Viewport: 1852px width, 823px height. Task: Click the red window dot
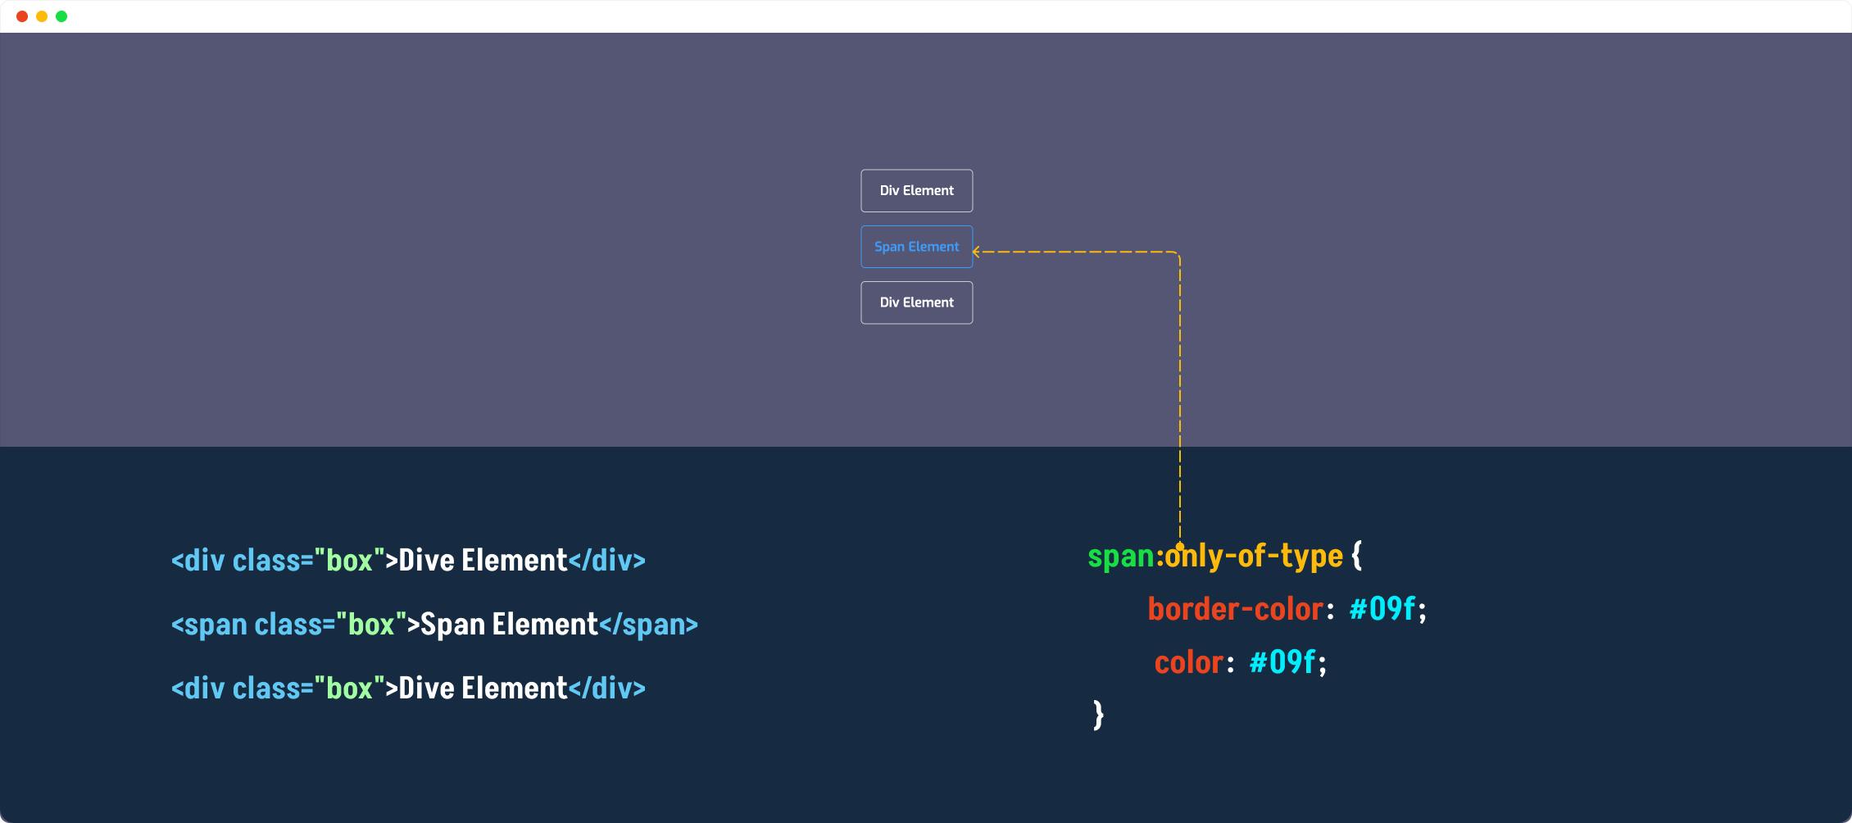[x=22, y=16]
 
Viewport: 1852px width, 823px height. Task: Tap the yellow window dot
[x=42, y=16]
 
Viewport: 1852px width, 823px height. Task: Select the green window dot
[x=61, y=16]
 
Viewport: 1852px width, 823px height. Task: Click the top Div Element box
[x=917, y=191]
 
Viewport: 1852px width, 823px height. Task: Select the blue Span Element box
[x=917, y=247]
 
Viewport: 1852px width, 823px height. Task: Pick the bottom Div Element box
[x=917, y=302]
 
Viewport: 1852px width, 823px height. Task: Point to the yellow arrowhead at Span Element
[x=976, y=252]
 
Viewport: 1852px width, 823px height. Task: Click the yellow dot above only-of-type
[x=1180, y=546]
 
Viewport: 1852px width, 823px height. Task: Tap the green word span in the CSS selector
[x=1121, y=557]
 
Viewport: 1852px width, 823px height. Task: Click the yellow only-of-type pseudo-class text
[x=1254, y=557]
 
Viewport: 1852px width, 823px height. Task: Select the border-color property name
[x=1236, y=609]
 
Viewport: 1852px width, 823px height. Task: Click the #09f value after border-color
[x=1382, y=609]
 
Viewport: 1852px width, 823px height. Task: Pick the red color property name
[x=1188, y=662]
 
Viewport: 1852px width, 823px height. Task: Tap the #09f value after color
[x=1282, y=662]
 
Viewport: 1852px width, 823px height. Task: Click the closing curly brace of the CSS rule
[x=1099, y=715]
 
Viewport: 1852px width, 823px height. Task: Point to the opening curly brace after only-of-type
[x=1357, y=555]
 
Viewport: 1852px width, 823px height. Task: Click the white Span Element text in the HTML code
[x=510, y=625]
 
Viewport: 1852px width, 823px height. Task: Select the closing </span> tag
[x=649, y=625]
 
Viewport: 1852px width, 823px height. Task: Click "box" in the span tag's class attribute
[x=371, y=624]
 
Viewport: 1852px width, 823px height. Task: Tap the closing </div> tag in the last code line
[x=607, y=688]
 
